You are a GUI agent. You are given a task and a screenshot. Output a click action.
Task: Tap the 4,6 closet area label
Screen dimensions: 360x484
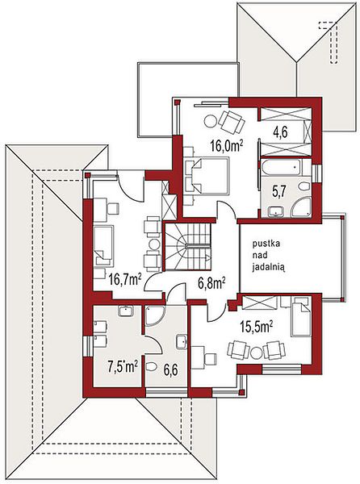tap(280, 133)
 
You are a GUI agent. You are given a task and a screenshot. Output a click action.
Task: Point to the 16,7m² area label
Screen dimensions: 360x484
tap(125, 280)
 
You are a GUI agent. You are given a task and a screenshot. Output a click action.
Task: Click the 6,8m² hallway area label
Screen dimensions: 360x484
tap(211, 283)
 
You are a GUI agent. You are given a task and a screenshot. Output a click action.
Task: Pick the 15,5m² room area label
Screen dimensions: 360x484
tap(257, 326)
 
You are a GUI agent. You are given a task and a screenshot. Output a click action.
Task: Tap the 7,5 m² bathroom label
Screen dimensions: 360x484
tap(122, 367)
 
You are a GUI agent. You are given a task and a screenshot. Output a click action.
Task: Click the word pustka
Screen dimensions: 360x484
tap(266, 244)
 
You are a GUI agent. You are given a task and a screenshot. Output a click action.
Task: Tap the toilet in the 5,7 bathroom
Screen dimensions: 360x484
tap(304, 186)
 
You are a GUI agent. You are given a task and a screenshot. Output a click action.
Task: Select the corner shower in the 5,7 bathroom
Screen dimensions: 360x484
tap(301, 207)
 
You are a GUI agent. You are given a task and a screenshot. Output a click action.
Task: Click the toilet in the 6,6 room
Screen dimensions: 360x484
tap(151, 367)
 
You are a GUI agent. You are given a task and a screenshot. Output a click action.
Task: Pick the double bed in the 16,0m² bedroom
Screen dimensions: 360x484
tap(207, 176)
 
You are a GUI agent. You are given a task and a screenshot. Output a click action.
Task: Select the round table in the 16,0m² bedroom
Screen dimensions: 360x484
tap(211, 121)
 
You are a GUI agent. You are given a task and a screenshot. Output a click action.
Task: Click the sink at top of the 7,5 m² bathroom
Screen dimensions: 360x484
tap(126, 311)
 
